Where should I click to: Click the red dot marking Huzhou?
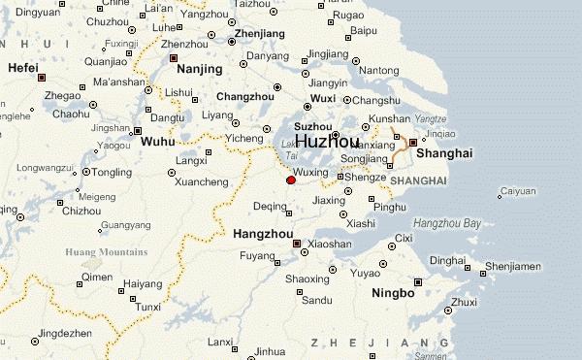click(291, 180)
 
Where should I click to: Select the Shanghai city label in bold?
click(443, 153)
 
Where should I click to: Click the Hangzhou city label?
click(262, 234)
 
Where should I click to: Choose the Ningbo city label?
click(393, 293)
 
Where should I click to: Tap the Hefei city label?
click(22, 68)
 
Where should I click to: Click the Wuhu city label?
click(158, 142)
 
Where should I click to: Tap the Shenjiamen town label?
click(513, 265)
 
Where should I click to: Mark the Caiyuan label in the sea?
click(519, 191)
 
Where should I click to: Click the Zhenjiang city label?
click(259, 34)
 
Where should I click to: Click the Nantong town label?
click(378, 70)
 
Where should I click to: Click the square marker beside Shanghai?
click(412, 143)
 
